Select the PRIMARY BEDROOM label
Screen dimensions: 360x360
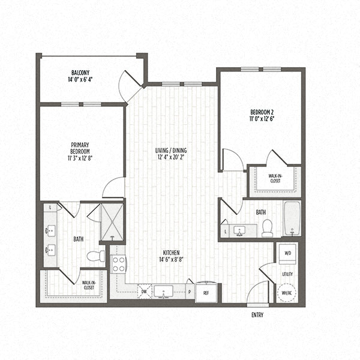click(80, 148)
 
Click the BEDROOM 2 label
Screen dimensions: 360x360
click(262, 112)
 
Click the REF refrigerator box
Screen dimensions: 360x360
click(206, 292)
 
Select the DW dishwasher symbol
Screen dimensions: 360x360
click(144, 292)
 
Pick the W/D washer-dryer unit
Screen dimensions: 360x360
click(287, 253)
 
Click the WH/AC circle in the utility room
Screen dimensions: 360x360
click(287, 293)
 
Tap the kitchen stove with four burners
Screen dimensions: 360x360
click(118, 265)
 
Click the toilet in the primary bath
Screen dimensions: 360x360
click(95, 256)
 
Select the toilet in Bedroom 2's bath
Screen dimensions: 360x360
click(267, 227)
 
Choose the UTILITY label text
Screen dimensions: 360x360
click(287, 274)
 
